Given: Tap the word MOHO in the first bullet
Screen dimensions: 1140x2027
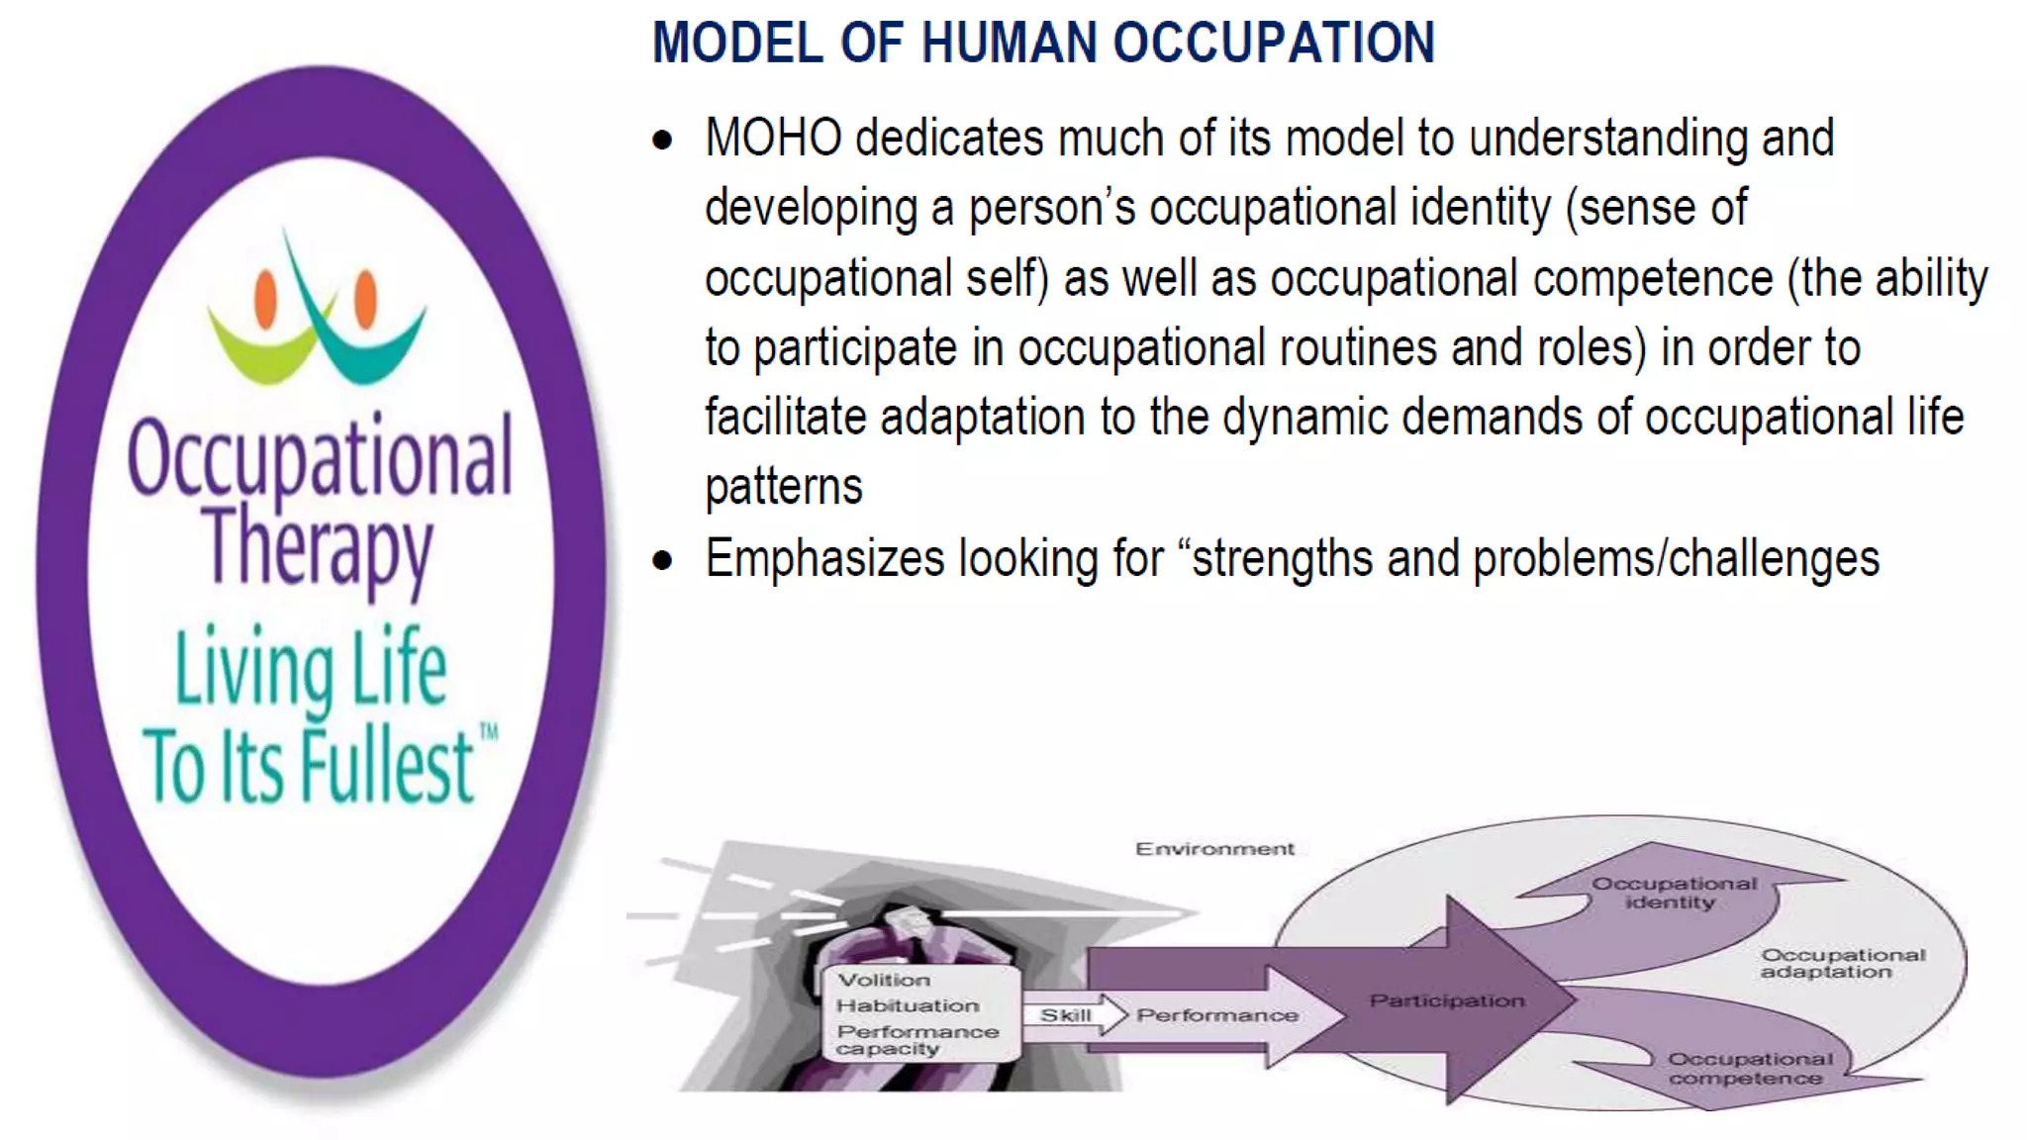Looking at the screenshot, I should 773,138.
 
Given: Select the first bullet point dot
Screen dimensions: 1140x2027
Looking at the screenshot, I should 662,141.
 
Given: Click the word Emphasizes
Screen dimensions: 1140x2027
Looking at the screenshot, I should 824,559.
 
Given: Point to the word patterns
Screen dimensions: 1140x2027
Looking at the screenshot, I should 784,487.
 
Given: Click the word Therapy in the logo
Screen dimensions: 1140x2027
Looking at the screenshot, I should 319,546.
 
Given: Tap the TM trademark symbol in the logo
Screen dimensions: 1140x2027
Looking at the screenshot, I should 488,733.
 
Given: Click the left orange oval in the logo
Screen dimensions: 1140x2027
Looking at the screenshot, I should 265,299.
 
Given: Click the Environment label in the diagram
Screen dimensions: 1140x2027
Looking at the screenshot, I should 1214,849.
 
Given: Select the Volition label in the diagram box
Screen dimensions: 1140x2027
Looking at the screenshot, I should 884,980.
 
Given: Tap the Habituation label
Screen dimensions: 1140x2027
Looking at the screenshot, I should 908,1005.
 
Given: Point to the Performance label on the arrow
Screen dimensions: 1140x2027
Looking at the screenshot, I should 1217,1015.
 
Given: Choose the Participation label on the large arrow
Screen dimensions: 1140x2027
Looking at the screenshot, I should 1447,1000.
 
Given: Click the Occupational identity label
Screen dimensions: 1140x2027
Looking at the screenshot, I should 1673,893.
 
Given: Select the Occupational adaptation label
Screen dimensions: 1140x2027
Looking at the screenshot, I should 1842,963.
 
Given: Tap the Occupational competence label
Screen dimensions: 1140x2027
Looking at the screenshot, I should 1749,1069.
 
